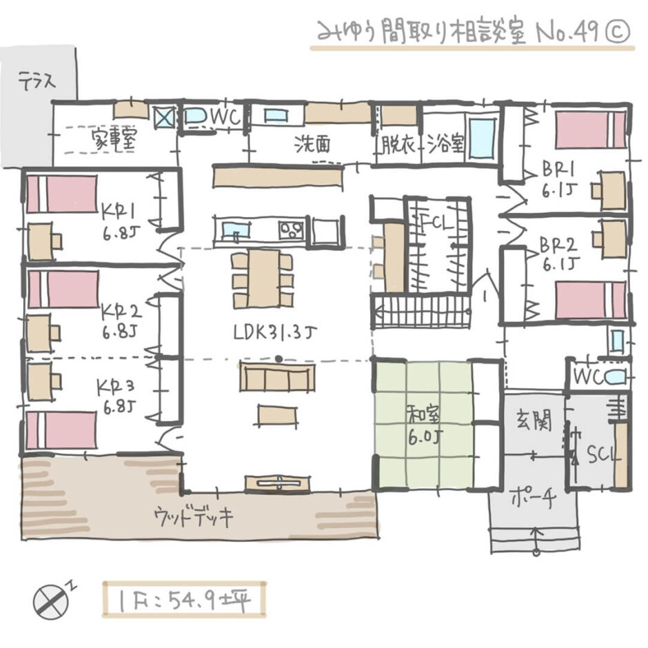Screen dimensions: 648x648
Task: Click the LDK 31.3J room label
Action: click(x=275, y=333)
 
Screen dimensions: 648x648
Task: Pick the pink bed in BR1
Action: click(x=590, y=130)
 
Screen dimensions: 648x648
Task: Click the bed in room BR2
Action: click(x=591, y=298)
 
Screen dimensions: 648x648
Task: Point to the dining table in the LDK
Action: click(x=263, y=279)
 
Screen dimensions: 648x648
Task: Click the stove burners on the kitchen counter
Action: click(x=292, y=230)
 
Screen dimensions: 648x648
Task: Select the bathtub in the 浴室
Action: click(x=483, y=139)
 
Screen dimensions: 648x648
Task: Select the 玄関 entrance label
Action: click(x=534, y=423)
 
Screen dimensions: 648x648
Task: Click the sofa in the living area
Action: click(x=278, y=377)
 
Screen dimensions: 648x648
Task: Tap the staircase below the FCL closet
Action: click(x=421, y=312)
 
